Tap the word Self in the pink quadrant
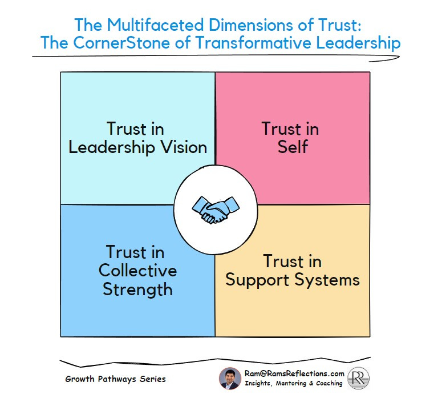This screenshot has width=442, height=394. (x=293, y=147)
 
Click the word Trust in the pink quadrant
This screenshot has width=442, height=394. (x=290, y=128)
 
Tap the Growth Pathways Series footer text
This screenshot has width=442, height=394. (x=115, y=378)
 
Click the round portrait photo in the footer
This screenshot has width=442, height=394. (x=229, y=378)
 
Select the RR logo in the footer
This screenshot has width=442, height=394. (x=359, y=378)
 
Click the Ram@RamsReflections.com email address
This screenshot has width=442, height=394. (x=294, y=373)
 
